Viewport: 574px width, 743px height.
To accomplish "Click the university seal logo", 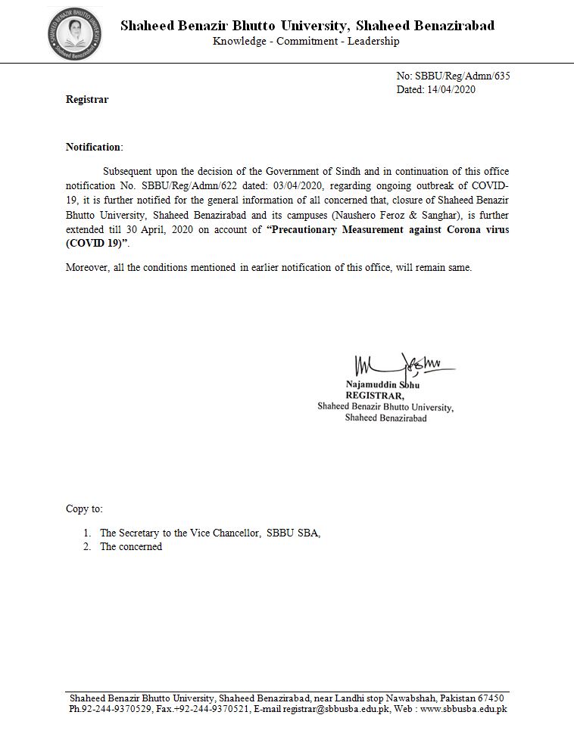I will coord(74,33).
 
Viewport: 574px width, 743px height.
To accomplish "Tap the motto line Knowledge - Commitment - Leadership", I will coord(306,42).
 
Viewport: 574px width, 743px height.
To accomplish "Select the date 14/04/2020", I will coord(451,89).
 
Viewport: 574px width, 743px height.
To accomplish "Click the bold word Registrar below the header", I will coord(87,99).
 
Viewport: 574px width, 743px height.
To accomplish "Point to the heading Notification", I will coord(93,147).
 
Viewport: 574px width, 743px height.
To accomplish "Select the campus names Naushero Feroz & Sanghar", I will coord(388,214).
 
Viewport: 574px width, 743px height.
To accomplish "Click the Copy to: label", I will coord(84,508).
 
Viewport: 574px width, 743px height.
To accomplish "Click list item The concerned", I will coord(131,546).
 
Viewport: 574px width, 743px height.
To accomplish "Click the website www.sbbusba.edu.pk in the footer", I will coord(463,710).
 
